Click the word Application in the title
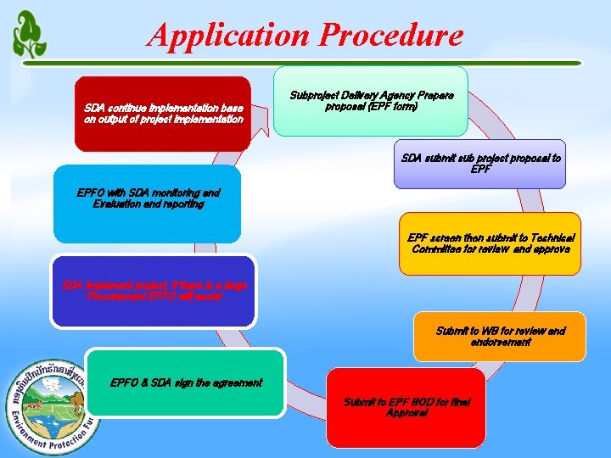[229, 36]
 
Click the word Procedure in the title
[393, 36]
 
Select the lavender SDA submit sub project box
[480, 164]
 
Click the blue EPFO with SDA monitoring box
[147, 204]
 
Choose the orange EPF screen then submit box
[490, 243]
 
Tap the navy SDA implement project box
[153, 291]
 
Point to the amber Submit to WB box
[499, 336]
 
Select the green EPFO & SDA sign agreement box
[186, 383]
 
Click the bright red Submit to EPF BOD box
[406, 407]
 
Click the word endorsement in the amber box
[501, 343]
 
